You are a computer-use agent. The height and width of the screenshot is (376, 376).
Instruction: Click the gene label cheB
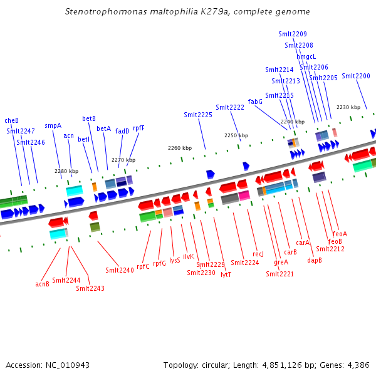(11, 120)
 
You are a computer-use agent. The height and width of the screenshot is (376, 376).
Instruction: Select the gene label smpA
(53, 125)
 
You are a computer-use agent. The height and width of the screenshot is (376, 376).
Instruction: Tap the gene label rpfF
(138, 128)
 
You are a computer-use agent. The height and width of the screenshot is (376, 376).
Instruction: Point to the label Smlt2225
(198, 115)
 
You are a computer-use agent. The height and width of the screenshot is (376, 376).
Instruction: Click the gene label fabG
(255, 102)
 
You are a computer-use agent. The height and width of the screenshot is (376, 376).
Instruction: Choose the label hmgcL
(306, 56)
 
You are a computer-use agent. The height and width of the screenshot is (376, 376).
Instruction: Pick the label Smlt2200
(356, 76)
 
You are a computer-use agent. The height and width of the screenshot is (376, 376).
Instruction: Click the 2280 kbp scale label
(67, 171)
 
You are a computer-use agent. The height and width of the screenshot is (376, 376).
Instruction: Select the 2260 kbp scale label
(180, 148)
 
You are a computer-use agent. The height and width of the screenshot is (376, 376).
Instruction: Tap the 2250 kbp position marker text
(236, 135)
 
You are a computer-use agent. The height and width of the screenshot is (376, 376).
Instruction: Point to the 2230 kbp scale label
(348, 107)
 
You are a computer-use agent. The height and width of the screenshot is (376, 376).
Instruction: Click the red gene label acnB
(42, 284)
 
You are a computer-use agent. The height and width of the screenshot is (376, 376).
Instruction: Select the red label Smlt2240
(120, 270)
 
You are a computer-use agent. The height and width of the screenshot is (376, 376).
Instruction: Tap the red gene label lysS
(175, 259)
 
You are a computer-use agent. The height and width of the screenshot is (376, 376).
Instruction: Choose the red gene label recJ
(258, 254)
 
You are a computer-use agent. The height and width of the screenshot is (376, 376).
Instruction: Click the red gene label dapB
(315, 259)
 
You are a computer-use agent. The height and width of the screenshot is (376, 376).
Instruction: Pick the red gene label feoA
(340, 234)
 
